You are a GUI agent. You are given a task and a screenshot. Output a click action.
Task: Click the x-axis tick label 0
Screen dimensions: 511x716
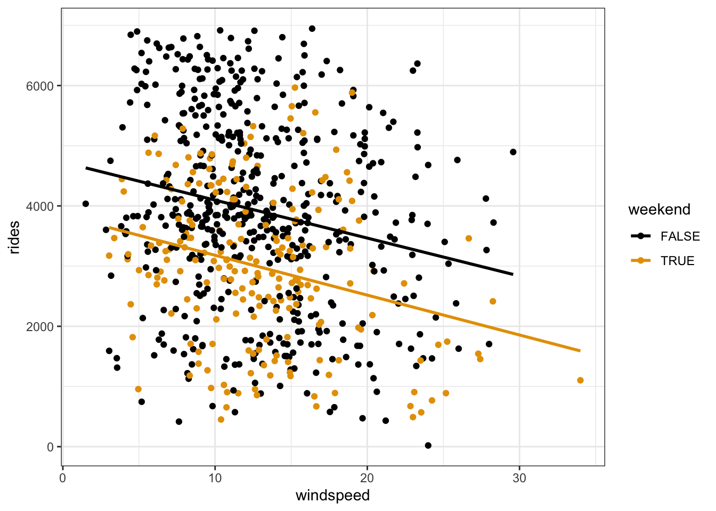click(x=63, y=477)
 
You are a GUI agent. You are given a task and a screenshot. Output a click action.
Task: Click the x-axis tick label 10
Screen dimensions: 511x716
click(x=215, y=477)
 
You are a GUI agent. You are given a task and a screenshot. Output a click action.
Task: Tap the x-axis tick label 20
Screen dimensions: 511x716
click(x=367, y=477)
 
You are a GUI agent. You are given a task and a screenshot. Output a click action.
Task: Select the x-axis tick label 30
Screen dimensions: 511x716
click(x=519, y=477)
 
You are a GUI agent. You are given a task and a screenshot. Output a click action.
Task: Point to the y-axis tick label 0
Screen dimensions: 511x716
click(x=50, y=447)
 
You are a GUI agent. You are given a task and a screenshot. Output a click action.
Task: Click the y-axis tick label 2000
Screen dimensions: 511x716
click(x=40, y=326)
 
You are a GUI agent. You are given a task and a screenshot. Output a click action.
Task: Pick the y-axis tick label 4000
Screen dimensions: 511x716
click(x=40, y=206)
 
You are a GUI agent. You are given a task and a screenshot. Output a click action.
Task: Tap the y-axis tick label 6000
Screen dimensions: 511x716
click(x=40, y=86)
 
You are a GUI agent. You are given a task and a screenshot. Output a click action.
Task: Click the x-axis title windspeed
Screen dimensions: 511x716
click(x=332, y=496)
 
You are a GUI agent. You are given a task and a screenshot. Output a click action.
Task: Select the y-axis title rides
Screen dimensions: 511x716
click(x=14, y=237)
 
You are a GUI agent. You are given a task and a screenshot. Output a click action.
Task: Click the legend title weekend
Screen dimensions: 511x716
click(x=659, y=209)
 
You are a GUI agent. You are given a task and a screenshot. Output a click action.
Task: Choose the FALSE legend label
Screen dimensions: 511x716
click(x=680, y=236)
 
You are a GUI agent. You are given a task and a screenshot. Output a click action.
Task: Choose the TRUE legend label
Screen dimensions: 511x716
click(x=677, y=261)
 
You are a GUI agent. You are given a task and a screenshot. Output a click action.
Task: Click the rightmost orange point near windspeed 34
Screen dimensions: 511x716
click(x=580, y=380)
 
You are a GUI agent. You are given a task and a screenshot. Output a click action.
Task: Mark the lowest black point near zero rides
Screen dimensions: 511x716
click(x=428, y=445)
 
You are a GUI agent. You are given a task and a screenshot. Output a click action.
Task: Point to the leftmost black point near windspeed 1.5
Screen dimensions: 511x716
click(x=85, y=203)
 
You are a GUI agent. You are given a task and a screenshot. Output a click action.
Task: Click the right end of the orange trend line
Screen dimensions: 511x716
click(x=580, y=351)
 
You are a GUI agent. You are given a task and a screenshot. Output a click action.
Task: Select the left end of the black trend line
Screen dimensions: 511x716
click(x=86, y=168)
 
